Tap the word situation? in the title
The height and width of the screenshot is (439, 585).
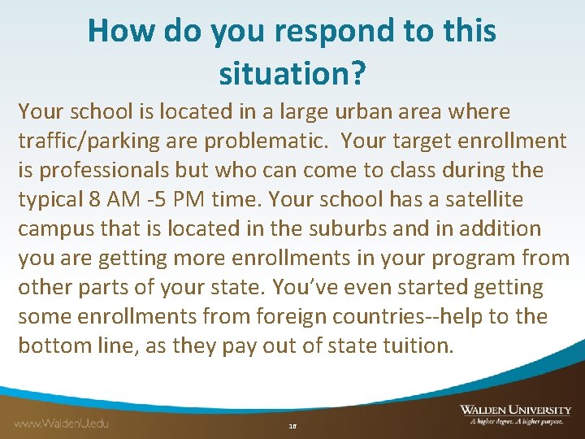coord(292,75)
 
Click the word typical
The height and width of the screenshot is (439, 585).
coord(50,199)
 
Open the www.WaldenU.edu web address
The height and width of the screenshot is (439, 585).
coord(61,423)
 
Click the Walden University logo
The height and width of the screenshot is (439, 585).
coord(514,415)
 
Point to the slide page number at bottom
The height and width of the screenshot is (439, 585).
coord(292,425)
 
